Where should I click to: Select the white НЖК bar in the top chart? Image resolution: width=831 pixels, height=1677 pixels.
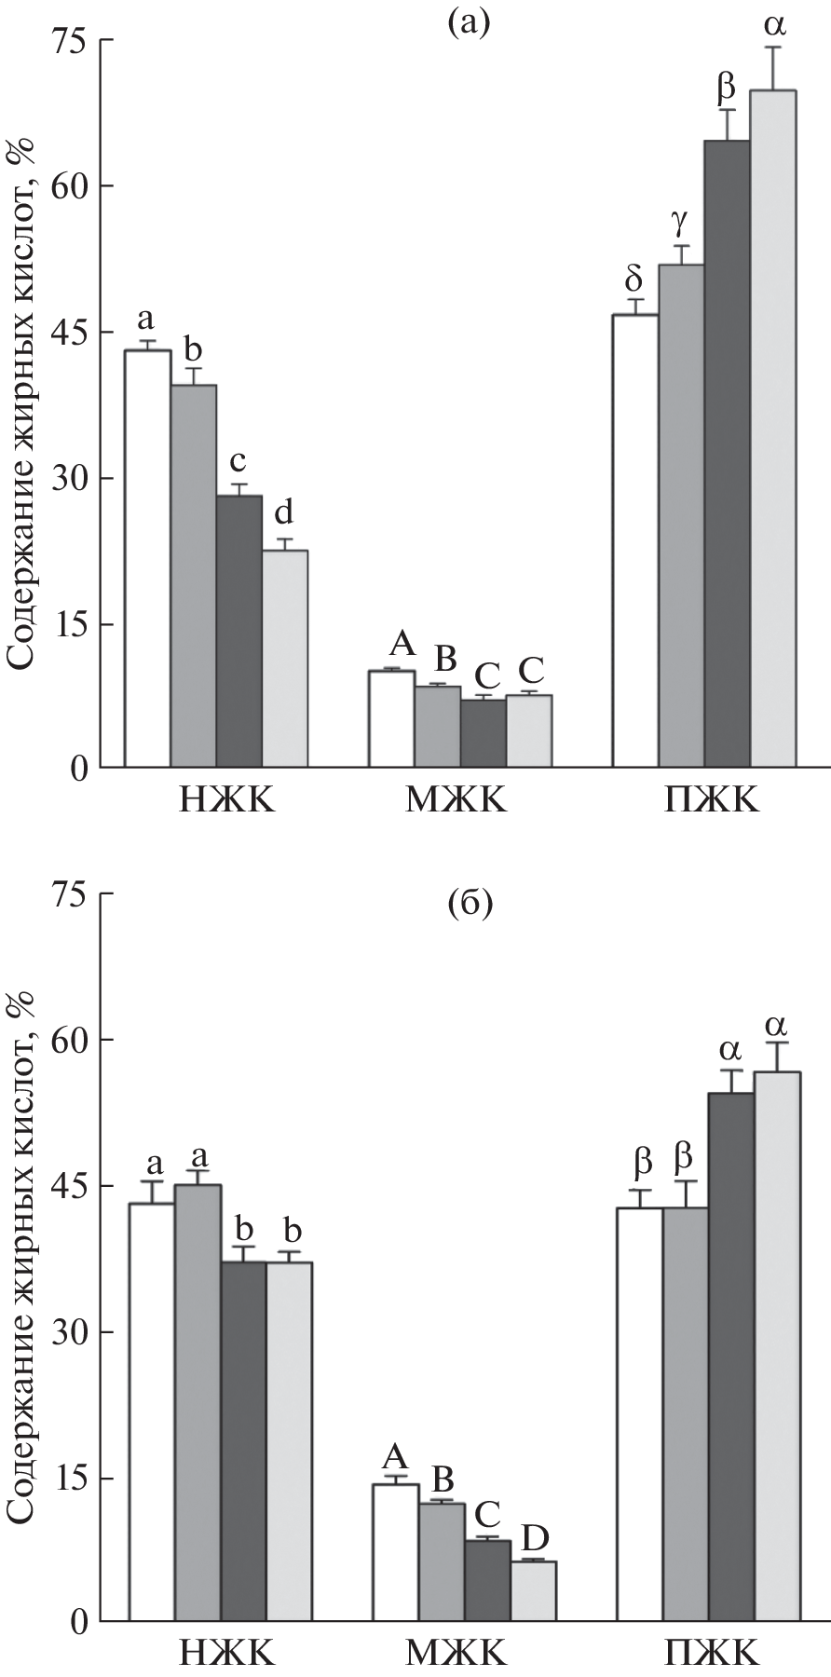click(x=148, y=559)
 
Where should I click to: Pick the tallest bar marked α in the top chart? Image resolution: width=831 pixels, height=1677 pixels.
click(x=773, y=429)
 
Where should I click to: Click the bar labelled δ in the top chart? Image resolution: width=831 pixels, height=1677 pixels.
click(x=635, y=540)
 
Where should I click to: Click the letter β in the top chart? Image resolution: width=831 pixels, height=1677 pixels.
click(x=726, y=87)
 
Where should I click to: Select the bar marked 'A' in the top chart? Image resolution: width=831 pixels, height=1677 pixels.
click(x=391, y=718)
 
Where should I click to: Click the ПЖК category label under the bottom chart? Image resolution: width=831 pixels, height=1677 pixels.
click(x=711, y=1653)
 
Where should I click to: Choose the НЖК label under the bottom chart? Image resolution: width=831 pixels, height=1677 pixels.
click(x=227, y=1653)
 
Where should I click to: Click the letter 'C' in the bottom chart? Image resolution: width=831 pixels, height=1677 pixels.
click(x=487, y=1510)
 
